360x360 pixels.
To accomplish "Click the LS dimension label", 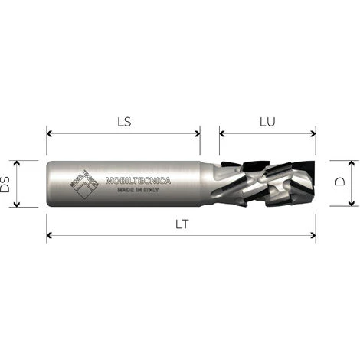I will click(123, 122).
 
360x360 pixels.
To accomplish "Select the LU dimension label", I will click(267, 122).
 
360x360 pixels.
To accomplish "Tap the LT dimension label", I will click(181, 225).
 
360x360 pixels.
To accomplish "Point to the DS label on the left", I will click(6, 184).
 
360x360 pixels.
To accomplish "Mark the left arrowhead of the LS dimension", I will click(50, 133).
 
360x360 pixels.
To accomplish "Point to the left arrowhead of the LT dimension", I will click(50, 235).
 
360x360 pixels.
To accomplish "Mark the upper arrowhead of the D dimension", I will click(351, 163).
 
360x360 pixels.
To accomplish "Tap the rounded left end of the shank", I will click(50, 184).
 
